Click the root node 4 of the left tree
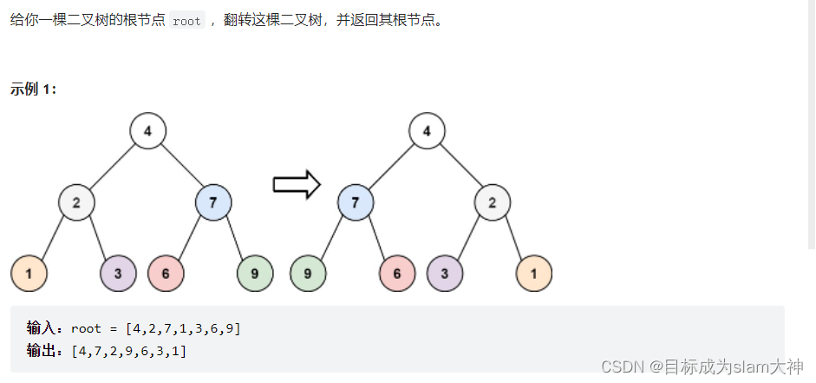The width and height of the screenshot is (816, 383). pos(148,131)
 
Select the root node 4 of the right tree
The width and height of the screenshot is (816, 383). pos(427,131)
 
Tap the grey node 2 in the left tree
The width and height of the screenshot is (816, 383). pos(77,203)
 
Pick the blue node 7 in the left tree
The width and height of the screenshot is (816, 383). pos(213,203)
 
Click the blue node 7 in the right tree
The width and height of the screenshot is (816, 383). pos(356,203)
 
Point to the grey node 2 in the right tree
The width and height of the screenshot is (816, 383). pos(492,203)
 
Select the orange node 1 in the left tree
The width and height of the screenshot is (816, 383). pos(29,274)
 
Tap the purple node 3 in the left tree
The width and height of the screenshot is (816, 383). pos(118,274)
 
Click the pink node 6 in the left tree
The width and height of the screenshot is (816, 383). pos(166,274)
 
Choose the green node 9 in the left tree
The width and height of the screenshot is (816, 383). pos(255,274)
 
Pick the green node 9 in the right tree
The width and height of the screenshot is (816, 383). pos(308,274)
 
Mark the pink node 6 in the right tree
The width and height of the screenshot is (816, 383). pos(397,274)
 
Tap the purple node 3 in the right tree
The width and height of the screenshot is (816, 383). pos(445,274)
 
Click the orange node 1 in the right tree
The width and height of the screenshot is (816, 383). pos(534,274)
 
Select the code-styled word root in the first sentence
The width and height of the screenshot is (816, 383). pos(186,21)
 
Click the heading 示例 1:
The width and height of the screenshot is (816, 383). pos(34,89)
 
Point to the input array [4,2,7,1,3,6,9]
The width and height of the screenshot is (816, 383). pos(183,328)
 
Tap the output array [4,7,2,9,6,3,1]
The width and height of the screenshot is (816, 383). pos(129,351)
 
